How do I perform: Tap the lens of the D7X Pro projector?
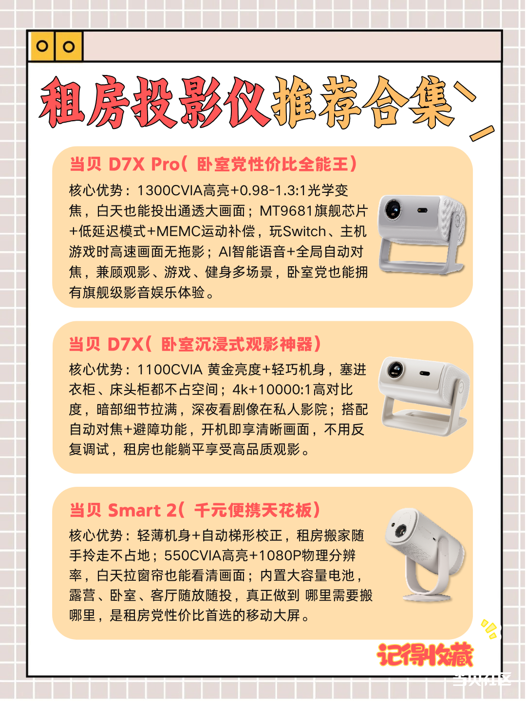pos(393,209)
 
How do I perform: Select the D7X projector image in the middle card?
pos(424,396)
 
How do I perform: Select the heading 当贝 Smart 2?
pos(122,510)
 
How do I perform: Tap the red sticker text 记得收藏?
pos(424,654)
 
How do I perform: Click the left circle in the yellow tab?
pos(42,46)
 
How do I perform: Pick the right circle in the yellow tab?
pos(69,47)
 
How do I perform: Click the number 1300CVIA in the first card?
pos(170,191)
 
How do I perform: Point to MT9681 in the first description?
pos(286,211)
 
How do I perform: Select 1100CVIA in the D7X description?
pos(170,370)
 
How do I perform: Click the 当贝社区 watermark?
pos(482,680)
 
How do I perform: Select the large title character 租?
pos(62,103)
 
